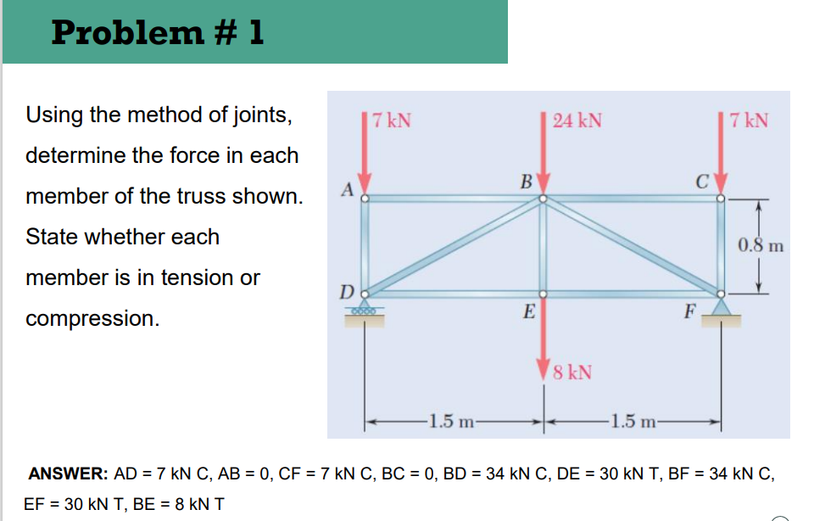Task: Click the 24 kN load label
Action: tap(577, 120)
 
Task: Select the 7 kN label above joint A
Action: tap(392, 120)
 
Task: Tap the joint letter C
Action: tap(700, 181)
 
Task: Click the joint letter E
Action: tap(528, 312)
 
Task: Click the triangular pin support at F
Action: tap(722, 308)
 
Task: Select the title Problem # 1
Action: tap(158, 32)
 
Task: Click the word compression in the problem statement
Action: tap(92, 318)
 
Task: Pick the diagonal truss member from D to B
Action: tap(454, 247)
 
